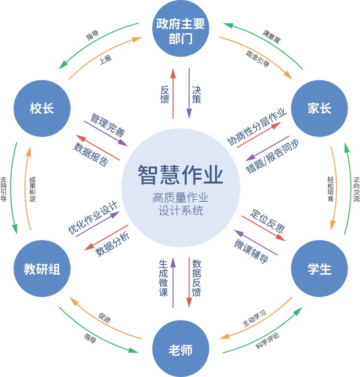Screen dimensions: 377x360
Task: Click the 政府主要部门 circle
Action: [x=180, y=30]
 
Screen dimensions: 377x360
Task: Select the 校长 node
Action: [x=42, y=109]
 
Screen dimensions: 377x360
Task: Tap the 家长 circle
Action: [x=319, y=109]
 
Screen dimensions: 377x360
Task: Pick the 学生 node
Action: [x=319, y=269]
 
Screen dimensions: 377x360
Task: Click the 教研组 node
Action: [x=42, y=269]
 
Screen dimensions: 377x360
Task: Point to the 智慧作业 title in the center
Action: [x=180, y=175]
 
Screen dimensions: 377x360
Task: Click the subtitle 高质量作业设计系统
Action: [x=180, y=204]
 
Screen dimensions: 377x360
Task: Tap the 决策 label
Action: [x=197, y=95]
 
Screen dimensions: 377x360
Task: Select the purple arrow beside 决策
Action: [x=189, y=93]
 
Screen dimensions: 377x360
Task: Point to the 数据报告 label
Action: [x=91, y=154]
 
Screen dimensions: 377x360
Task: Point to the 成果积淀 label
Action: [x=33, y=189]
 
